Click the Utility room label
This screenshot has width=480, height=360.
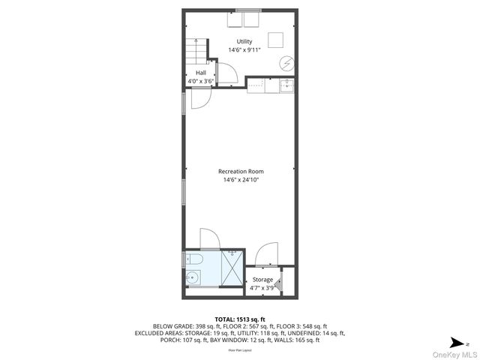[244, 41]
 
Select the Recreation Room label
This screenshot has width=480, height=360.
[241, 172]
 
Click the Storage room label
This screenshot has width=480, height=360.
[262, 280]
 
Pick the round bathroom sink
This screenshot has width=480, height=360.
[192, 278]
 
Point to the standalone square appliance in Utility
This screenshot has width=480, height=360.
[276, 40]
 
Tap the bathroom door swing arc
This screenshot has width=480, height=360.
[210, 238]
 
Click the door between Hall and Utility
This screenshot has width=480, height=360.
[227, 73]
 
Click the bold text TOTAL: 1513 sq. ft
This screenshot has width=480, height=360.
[240, 318]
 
